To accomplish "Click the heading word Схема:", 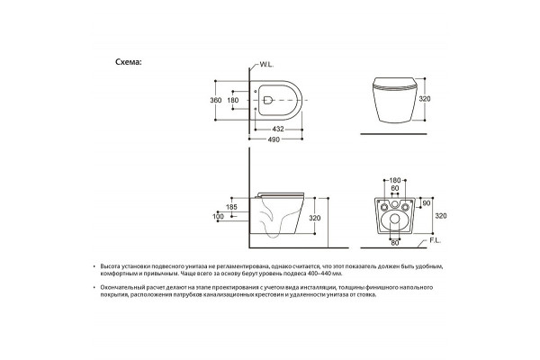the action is coord(129,62).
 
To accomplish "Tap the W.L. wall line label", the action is coord(266,65).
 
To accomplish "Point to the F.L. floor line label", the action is coord(435,241).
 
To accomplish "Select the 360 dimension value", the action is coord(216,100).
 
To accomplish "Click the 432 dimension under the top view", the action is coord(278,130).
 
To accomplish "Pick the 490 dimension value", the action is coord(274,139).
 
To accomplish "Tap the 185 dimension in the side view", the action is coord(231,207).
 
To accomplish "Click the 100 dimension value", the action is coord(218,216).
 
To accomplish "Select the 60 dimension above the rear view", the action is coord(395,188).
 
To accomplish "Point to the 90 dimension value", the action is coord(427,203).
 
